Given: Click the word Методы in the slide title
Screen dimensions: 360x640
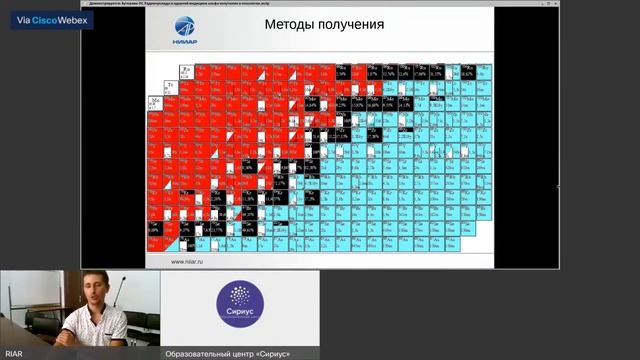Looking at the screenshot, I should [x=293, y=24].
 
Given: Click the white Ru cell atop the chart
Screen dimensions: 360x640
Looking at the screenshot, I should [x=186, y=71].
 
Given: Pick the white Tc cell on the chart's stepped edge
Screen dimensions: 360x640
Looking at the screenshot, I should [x=171, y=86].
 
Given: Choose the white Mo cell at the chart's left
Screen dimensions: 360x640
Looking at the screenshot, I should [x=156, y=102].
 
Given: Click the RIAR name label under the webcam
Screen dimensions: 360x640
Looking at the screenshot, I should [x=14, y=354].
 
